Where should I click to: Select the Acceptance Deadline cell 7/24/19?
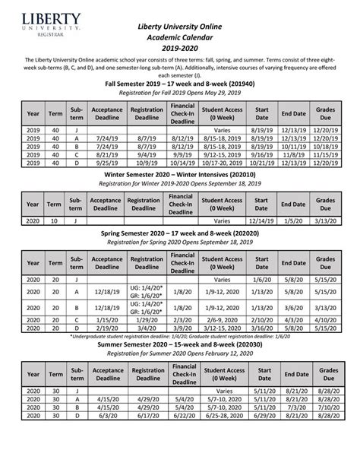[x=106, y=138]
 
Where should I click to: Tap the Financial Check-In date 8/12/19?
[x=184, y=138]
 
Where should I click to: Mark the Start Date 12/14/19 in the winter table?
[x=262, y=220]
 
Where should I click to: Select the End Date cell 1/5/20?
[x=293, y=220]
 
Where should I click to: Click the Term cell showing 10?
[x=55, y=220]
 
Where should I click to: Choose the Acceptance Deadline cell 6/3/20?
[x=106, y=437]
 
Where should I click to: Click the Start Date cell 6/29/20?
[x=262, y=437]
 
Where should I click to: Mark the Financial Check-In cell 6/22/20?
[x=184, y=437]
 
